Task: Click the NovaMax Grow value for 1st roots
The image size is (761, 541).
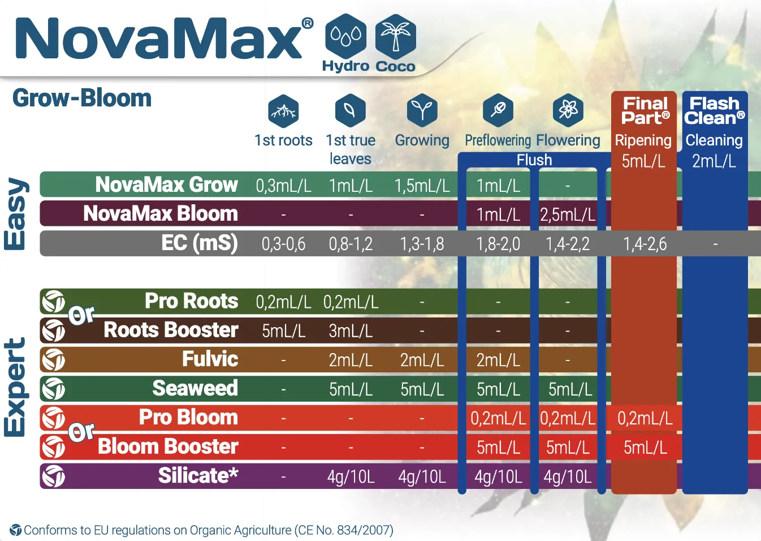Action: (x=283, y=186)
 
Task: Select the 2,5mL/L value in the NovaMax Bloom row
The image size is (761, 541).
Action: (x=568, y=215)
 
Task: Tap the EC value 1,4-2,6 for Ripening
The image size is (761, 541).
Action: (x=645, y=244)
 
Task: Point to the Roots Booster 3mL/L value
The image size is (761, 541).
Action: (x=351, y=331)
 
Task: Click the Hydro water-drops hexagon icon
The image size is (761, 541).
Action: (x=345, y=36)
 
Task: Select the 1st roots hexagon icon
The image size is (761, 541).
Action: (x=283, y=111)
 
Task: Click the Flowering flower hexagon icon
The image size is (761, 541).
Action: (x=568, y=110)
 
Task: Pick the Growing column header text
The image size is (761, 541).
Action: (x=422, y=140)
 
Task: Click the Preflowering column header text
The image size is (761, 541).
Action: (x=498, y=140)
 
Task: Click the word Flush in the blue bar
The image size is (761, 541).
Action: (x=534, y=160)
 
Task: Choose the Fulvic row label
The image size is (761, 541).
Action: (x=210, y=359)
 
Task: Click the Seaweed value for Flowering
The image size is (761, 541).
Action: (x=570, y=389)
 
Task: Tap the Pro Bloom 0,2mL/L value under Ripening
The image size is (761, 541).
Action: (x=645, y=419)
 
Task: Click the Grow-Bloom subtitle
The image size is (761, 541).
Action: (x=82, y=98)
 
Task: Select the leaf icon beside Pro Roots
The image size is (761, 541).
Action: (x=53, y=301)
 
